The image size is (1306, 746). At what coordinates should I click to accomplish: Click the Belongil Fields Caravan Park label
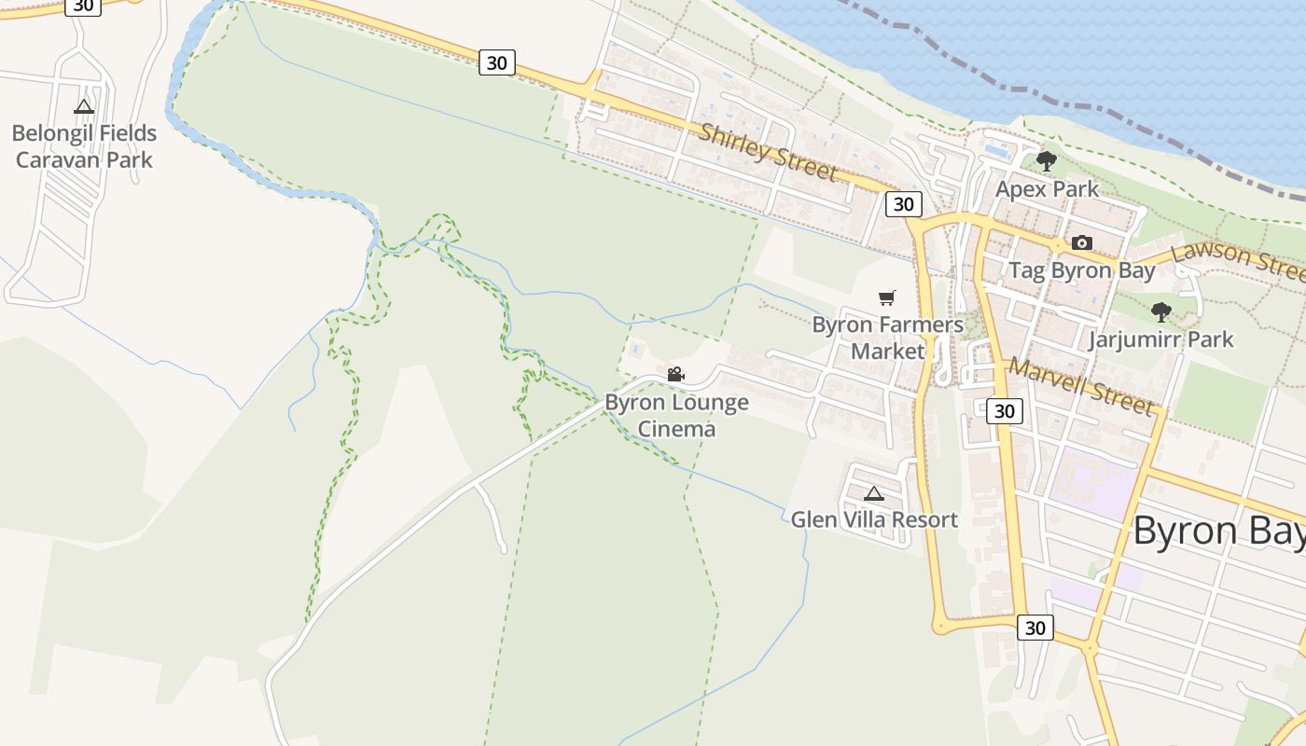[84, 146]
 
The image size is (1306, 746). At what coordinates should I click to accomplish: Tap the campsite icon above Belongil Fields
[84, 106]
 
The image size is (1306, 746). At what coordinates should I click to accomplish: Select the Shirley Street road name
[768, 151]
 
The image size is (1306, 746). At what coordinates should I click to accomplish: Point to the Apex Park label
[1047, 189]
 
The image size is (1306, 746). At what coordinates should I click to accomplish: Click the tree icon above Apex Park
[1047, 160]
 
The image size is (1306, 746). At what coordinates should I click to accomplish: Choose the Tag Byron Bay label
[1082, 271]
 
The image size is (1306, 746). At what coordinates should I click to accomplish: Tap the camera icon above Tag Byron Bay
[1082, 243]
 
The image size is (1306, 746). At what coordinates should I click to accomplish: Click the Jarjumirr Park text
[1160, 339]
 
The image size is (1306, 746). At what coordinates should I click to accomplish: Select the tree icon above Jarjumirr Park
[1161, 311]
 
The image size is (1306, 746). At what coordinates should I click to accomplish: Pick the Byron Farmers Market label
[887, 338]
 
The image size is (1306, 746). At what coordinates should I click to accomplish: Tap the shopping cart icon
[887, 298]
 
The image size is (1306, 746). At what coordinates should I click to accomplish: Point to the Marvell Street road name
[1080, 385]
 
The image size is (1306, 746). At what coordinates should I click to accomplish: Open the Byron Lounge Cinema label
[676, 416]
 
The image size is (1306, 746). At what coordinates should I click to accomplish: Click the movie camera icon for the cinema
[676, 375]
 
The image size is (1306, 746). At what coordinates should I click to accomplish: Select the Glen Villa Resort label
[874, 520]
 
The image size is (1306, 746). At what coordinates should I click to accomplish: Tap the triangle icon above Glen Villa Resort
[874, 493]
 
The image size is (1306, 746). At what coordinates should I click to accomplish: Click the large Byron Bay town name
[1217, 531]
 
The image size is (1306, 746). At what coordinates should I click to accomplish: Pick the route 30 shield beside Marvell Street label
[1004, 411]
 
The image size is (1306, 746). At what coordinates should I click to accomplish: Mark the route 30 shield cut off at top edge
[83, 6]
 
